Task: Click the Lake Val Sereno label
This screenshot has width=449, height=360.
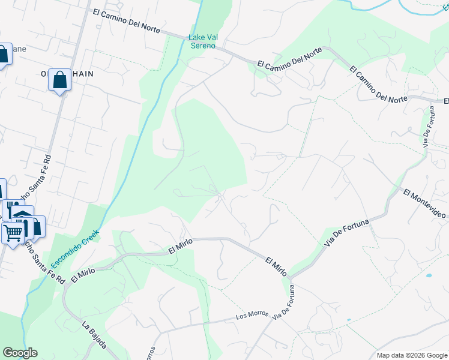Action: (203, 41)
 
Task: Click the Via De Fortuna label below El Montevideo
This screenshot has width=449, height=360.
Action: (347, 232)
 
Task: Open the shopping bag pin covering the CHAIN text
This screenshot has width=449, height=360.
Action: (59, 80)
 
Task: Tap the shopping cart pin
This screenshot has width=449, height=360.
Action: (13, 232)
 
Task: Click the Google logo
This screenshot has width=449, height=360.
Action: (20, 353)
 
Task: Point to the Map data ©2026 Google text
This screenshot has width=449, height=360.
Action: (411, 355)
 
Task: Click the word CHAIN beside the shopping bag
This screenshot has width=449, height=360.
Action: (83, 73)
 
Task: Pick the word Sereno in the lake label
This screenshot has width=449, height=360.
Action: (203, 46)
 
